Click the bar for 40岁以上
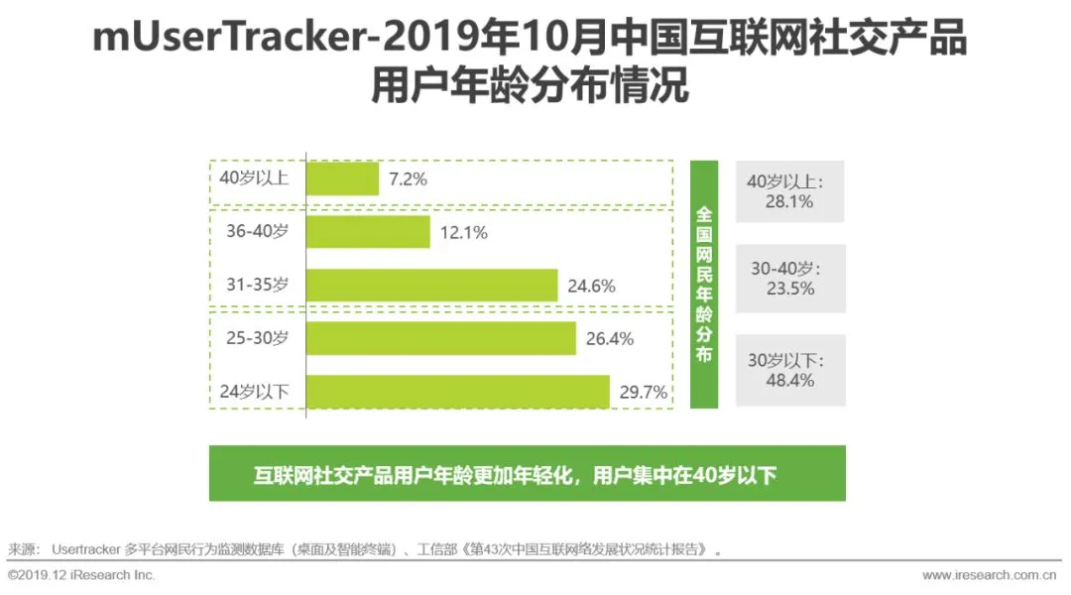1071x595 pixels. click(x=342, y=178)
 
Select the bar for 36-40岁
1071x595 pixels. click(x=368, y=232)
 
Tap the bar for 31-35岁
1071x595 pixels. click(x=431, y=286)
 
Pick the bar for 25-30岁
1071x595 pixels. click(x=440, y=338)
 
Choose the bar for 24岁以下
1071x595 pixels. click(x=457, y=392)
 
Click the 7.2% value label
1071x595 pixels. click(x=408, y=179)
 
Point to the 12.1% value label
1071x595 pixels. click(x=463, y=233)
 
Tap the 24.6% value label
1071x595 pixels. click(x=591, y=287)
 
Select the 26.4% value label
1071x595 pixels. click(x=610, y=339)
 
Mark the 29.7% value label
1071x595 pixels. click(x=643, y=393)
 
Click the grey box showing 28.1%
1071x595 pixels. click(x=790, y=191)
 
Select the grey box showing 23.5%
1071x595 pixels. click(x=790, y=279)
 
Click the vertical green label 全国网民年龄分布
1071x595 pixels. click(x=704, y=285)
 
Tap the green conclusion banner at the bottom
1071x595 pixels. click(x=527, y=474)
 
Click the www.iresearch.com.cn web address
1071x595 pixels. click(x=989, y=575)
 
